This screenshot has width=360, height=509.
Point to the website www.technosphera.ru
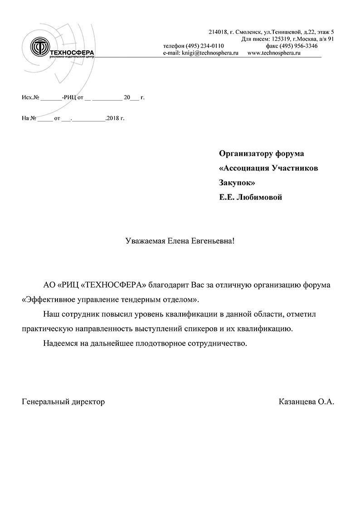[x=274, y=53]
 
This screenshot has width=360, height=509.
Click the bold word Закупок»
[x=237, y=183]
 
